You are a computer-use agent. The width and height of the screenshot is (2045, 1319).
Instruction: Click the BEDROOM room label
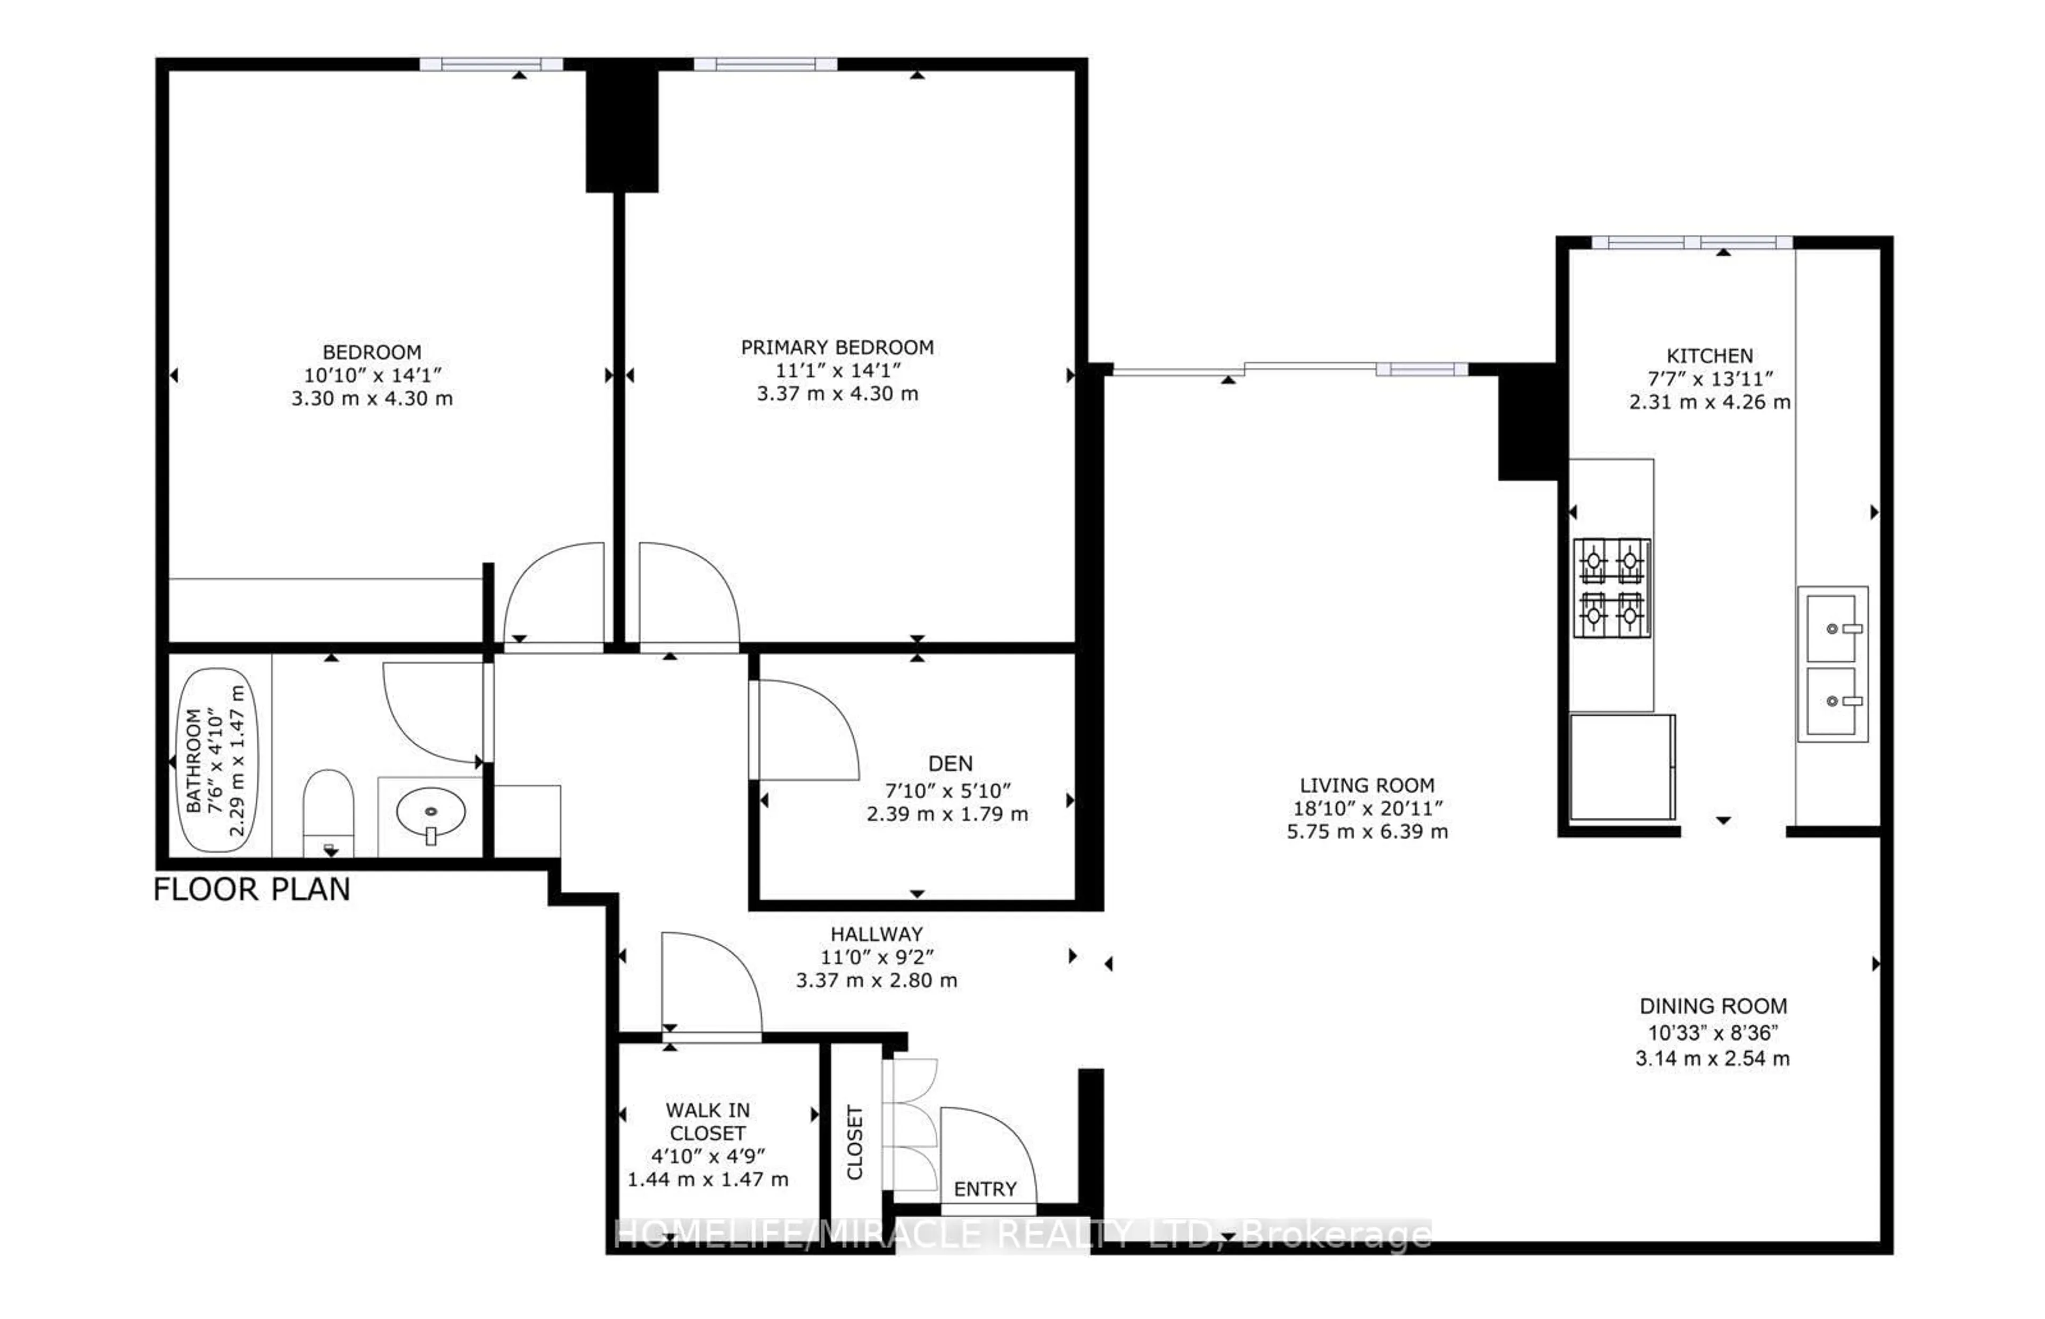(372, 352)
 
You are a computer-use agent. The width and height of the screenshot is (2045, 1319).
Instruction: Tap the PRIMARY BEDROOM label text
(837, 347)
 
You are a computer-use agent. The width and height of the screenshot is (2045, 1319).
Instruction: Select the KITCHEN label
(1709, 356)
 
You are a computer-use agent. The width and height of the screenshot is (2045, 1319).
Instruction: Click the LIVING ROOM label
(1367, 784)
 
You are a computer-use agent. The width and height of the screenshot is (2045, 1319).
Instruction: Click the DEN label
(950, 763)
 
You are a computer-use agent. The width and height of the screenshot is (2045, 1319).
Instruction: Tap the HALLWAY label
(876, 933)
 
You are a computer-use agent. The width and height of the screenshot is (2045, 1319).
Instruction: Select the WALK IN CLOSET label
(707, 1121)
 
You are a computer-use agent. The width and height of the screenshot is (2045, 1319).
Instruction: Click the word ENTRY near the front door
(985, 1189)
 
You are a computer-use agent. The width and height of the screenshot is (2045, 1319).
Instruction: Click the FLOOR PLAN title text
(252, 890)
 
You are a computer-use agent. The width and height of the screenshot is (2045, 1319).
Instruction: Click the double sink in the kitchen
(1832, 664)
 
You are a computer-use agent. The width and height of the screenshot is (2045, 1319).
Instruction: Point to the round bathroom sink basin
(431, 810)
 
